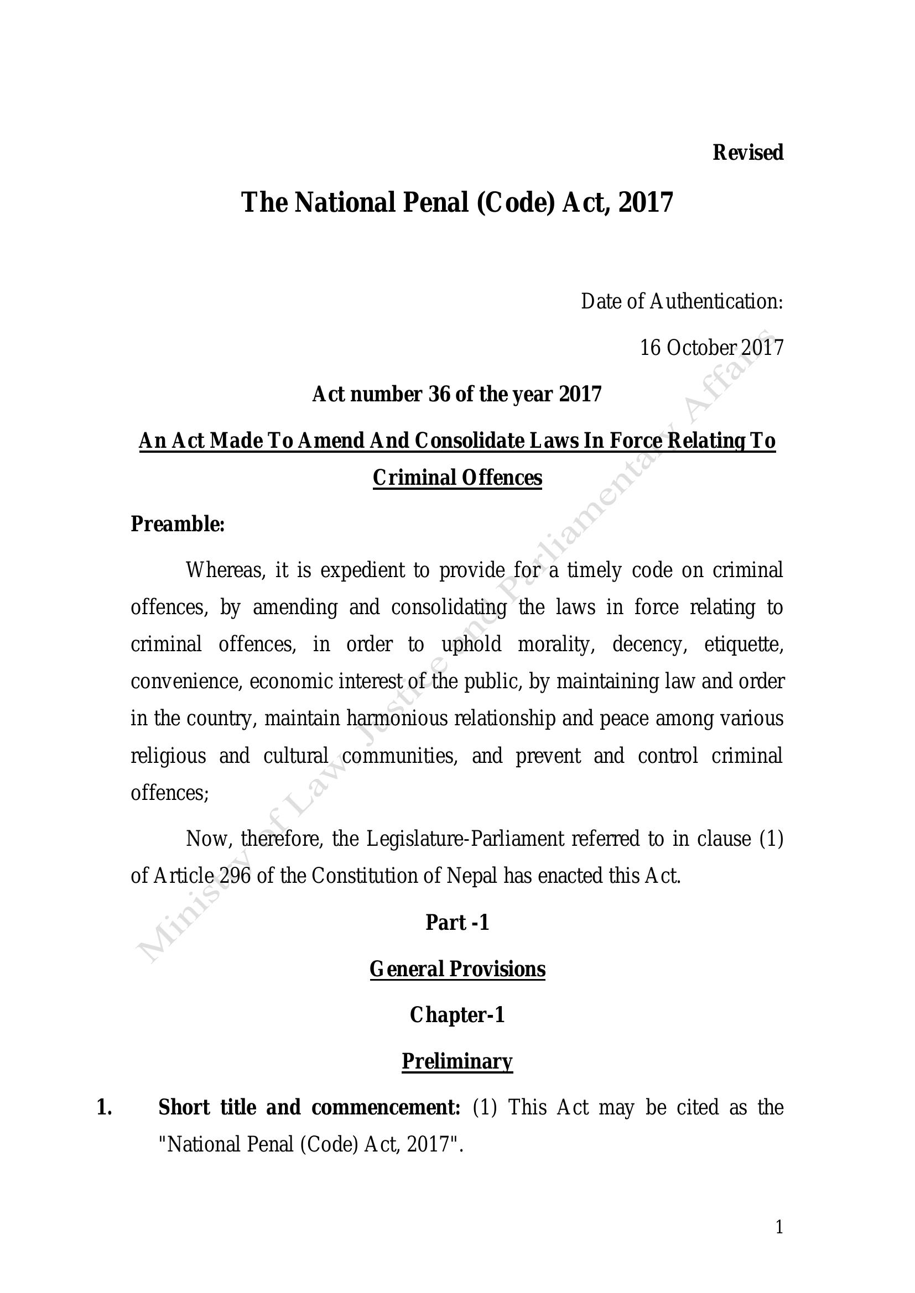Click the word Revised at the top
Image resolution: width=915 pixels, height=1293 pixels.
748,153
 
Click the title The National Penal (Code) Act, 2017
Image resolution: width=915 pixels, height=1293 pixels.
457,202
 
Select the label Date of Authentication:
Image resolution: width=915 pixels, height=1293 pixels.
682,302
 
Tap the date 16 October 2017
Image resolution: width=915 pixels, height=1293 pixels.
711,348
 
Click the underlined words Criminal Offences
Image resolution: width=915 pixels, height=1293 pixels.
457,478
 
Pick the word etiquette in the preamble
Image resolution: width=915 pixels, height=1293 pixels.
743,644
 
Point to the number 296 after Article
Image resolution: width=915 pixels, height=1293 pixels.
236,876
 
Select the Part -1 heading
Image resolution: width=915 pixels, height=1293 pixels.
457,923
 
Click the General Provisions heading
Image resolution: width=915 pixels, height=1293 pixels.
457,969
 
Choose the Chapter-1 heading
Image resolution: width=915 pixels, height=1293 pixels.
457,1015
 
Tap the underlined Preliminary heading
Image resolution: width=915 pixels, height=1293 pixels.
457,1061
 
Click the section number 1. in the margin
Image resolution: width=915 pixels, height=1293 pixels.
104,1107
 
